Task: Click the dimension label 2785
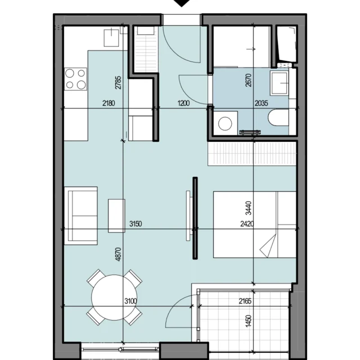(118, 83)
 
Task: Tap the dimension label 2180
(109, 103)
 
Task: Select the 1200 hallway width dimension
(184, 103)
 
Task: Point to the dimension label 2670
(249, 80)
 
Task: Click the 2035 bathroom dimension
(261, 103)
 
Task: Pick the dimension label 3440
(249, 208)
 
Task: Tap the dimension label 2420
(247, 224)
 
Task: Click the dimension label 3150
(136, 224)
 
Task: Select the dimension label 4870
(118, 254)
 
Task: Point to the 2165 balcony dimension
(245, 301)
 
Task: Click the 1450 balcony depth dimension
(249, 321)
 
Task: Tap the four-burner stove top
(75, 79)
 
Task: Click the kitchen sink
(111, 38)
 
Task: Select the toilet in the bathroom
(278, 118)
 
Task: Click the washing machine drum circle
(225, 124)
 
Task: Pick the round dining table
(114, 298)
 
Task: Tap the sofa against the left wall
(81, 216)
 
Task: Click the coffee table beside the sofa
(116, 216)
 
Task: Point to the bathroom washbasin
(279, 83)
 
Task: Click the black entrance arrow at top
(182, 3)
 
